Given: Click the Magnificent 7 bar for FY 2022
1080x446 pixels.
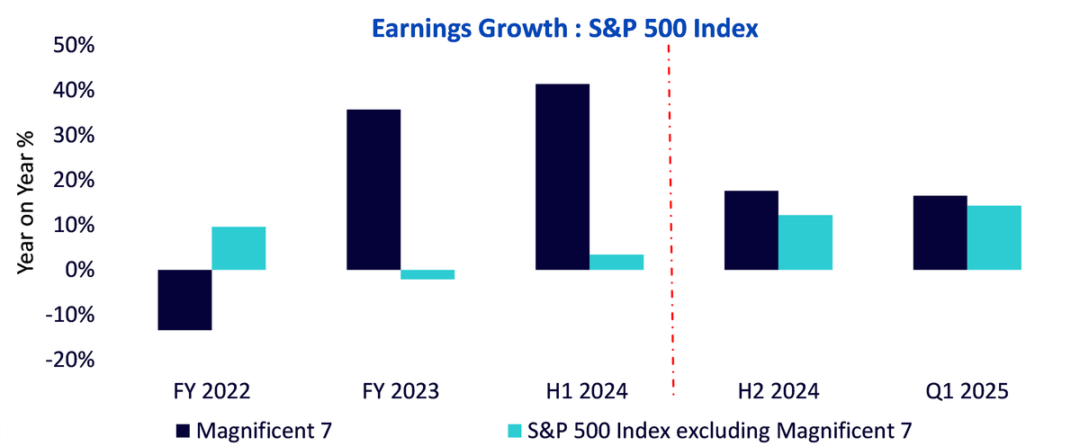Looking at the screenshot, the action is point(184,299).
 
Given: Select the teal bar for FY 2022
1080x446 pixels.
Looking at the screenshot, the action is point(238,248).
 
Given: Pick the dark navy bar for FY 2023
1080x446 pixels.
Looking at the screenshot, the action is point(373,190).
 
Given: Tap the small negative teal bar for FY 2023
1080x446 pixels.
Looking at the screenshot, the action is point(427,274).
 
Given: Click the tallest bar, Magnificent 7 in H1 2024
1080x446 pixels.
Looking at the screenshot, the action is point(562,177).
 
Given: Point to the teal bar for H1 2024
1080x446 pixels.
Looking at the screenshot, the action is point(616,262).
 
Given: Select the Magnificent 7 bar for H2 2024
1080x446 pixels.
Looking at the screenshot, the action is point(751,230).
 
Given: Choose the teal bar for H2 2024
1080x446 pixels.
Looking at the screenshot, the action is point(805,242).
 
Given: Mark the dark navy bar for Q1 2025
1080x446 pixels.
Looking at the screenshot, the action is point(940,233).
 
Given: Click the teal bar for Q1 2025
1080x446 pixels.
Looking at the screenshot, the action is point(994,238).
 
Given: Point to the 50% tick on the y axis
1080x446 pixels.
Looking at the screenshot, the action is point(74,45).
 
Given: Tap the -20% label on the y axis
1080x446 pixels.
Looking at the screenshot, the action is point(70,360).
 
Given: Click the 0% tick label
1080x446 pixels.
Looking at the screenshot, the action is point(79,270).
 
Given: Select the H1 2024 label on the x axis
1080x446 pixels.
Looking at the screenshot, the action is point(587,391).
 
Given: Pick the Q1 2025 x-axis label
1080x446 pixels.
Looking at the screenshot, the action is point(967,391).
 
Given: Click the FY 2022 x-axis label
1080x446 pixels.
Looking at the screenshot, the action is point(211,391).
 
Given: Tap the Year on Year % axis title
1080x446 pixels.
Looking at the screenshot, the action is point(25,202).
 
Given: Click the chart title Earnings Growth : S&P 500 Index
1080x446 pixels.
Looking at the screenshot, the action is point(564,29).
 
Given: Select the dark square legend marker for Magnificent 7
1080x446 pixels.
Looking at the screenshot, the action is point(183,431).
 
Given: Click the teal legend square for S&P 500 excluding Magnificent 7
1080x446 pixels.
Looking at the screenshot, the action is point(515,431).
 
